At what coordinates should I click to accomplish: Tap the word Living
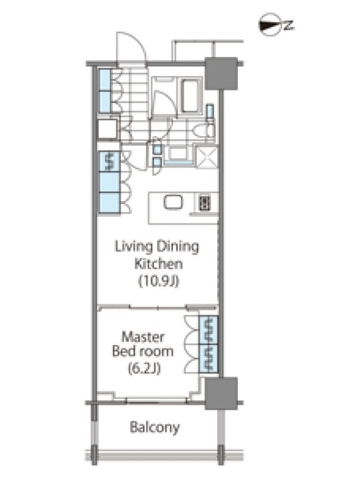[x=133, y=247]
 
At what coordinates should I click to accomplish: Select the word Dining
[x=178, y=247]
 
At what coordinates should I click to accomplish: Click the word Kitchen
[x=158, y=264]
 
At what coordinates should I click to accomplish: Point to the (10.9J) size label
[x=158, y=281]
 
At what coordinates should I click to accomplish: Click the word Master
[x=143, y=337]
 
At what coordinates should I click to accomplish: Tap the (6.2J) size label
[x=144, y=369]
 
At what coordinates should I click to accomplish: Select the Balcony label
[x=155, y=428]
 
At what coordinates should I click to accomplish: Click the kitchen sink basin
[x=173, y=202]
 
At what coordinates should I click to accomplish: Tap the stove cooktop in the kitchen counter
[x=204, y=203]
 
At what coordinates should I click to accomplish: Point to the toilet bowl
[x=204, y=131]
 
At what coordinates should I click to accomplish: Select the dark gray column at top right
[x=221, y=74]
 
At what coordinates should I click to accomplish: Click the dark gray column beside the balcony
[x=221, y=393]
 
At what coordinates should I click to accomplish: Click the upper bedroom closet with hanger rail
[x=208, y=330]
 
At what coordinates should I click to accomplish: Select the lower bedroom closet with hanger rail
[x=208, y=358]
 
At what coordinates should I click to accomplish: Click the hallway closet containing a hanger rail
[x=109, y=162]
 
